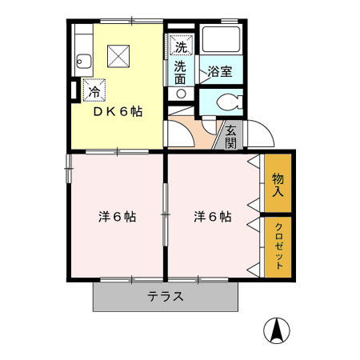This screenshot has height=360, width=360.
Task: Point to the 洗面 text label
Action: tap(181, 73)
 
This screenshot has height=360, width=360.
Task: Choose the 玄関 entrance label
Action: tap(230, 138)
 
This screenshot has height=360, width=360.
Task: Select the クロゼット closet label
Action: tap(278, 247)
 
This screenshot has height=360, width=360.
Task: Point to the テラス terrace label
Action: tap(166, 297)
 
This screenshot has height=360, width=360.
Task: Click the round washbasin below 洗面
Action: tap(181, 94)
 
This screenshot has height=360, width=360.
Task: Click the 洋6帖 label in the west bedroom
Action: tap(117, 217)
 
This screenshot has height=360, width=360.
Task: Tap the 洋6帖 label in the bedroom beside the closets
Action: tap(213, 217)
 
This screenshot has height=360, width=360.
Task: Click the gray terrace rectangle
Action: tap(120, 297)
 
